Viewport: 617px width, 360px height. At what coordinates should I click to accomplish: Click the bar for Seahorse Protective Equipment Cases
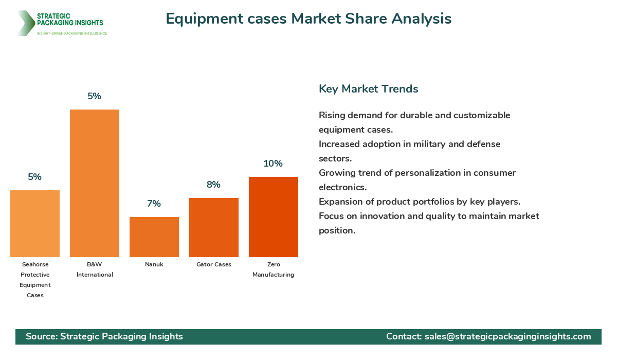coord(35,224)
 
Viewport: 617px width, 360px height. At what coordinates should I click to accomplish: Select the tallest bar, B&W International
coord(95,183)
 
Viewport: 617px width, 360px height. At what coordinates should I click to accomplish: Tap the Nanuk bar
coord(154,237)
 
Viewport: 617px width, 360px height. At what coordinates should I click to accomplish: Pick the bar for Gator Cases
coord(214,227)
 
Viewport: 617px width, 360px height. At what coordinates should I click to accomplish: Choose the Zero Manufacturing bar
coord(274,217)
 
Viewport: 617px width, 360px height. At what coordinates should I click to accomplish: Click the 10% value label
coord(273,164)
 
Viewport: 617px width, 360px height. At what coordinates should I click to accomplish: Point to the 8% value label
coord(213,185)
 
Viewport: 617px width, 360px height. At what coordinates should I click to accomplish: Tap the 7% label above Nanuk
coord(154,204)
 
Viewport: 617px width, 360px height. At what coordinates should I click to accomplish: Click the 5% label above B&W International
coord(94,96)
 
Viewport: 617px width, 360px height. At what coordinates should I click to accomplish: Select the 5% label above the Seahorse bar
coord(34,177)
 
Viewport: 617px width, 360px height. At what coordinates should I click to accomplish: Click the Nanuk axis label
coord(154,264)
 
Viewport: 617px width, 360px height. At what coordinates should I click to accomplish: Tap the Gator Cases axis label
coord(214,264)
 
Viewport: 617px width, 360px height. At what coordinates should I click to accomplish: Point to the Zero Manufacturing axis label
coord(274,269)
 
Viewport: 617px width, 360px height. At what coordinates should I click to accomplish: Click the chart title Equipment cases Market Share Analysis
coord(308,19)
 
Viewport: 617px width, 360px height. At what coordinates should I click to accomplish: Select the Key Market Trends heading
coord(368,88)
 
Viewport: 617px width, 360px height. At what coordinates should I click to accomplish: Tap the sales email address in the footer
coord(507,336)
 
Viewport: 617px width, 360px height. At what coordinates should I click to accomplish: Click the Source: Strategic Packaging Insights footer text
coord(104,336)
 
